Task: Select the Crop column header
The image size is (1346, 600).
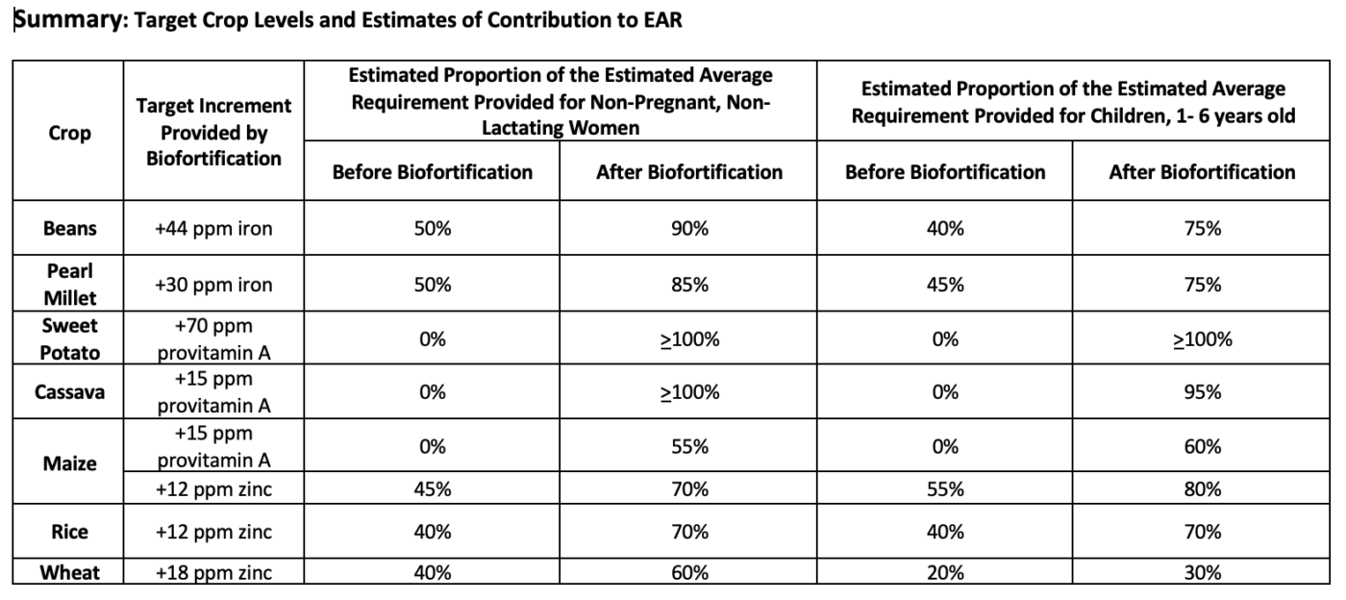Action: (69, 133)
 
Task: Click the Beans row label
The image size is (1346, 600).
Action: (69, 229)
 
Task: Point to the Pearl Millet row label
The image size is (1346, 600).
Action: (69, 285)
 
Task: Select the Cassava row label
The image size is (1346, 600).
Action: (69, 392)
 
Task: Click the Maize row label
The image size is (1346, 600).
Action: (69, 463)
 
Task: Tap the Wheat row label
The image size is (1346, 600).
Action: (69, 573)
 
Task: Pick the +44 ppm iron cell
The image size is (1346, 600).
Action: (213, 229)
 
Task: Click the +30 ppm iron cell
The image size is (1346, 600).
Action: (213, 285)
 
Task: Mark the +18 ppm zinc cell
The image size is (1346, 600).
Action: (213, 573)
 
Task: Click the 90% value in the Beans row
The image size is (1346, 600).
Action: (688, 229)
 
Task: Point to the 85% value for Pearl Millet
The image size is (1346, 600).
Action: (688, 285)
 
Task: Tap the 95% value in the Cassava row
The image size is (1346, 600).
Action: (1202, 392)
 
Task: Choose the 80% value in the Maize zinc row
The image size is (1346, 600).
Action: (1202, 489)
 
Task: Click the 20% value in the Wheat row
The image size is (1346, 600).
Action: (945, 573)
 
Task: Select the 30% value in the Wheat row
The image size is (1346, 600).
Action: (1202, 573)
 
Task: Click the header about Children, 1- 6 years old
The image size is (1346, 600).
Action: (1073, 103)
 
